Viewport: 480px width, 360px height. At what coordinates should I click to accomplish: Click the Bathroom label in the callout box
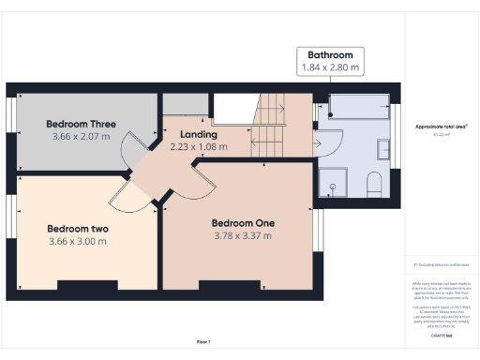click(x=330, y=55)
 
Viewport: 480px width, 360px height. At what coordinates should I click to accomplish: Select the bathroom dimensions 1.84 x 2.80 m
click(x=330, y=68)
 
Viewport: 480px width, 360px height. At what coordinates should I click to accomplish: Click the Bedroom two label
click(x=77, y=228)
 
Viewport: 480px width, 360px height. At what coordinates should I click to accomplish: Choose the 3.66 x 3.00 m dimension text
click(x=77, y=241)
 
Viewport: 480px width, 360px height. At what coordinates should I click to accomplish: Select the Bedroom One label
click(x=242, y=222)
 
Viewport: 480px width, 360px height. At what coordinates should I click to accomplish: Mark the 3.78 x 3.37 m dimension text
click(x=242, y=235)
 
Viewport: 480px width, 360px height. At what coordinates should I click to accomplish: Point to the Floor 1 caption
click(x=202, y=341)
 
